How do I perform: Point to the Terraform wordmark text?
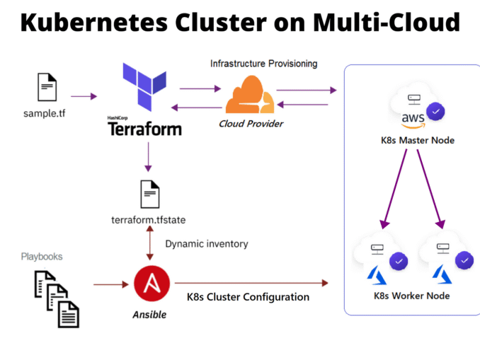point(144,128)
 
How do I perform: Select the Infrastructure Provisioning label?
point(263,64)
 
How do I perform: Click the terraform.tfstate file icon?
point(149,194)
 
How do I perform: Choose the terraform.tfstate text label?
point(149,220)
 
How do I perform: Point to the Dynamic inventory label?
point(207,244)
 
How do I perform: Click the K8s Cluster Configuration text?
point(248,297)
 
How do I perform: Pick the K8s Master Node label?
point(413,140)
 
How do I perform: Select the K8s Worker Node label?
point(412,295)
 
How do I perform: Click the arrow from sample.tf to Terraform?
point(83,95)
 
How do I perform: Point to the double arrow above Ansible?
point(149,245)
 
